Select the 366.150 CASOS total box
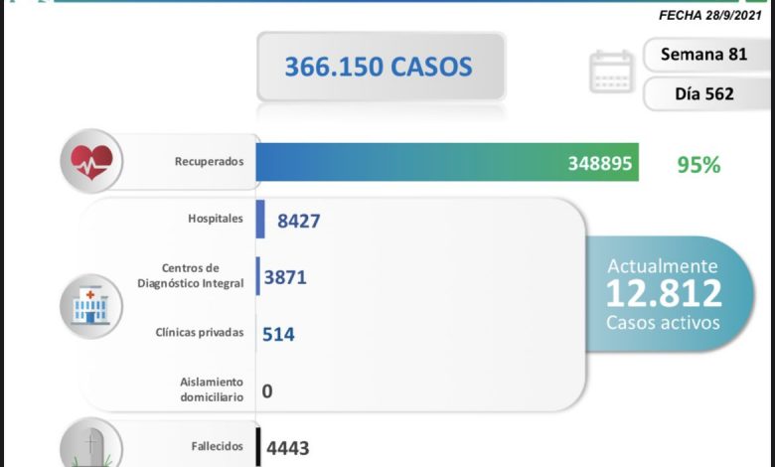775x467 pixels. coord(379,67)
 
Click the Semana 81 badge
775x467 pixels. coord(704,54)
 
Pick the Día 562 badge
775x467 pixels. coord(703,94)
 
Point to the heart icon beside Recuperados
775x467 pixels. coord(90,159)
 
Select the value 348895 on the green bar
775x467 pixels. coord(600,163)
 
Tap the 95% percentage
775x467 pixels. coord(697,165)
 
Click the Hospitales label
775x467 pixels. coord(215,219)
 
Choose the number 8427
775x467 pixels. coord(298,221)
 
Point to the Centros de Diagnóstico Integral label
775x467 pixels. coord(190,275)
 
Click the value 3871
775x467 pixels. coord(285,278)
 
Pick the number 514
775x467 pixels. coord(278,335)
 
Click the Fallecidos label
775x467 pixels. coord(217,446)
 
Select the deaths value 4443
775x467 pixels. coord(288,449)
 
